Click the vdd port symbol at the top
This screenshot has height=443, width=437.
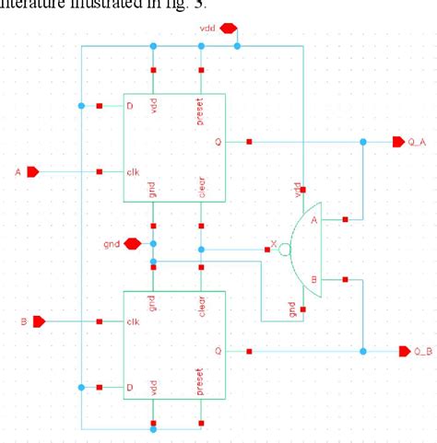coord(229,28)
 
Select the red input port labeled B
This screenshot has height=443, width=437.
coord(39,321)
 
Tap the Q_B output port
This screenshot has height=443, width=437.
coord(404,351)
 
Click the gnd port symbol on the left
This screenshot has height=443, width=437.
coord(131,243)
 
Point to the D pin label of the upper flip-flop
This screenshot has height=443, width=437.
coord(130,106)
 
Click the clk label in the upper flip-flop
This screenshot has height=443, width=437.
coord(133,172)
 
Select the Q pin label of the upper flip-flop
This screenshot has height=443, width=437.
coord(218,143)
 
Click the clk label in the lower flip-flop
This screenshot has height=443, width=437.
coord(133,322)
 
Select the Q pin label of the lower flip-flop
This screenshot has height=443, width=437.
coord(218,351)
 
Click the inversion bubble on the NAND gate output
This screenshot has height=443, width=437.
coord(286,250)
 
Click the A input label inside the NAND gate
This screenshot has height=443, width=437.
coord(315,220)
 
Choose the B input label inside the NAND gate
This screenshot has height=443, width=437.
coord(315,279)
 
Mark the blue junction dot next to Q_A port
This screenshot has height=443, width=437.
coord(363,142)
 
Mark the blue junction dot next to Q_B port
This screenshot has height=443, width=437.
coord(363,351)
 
